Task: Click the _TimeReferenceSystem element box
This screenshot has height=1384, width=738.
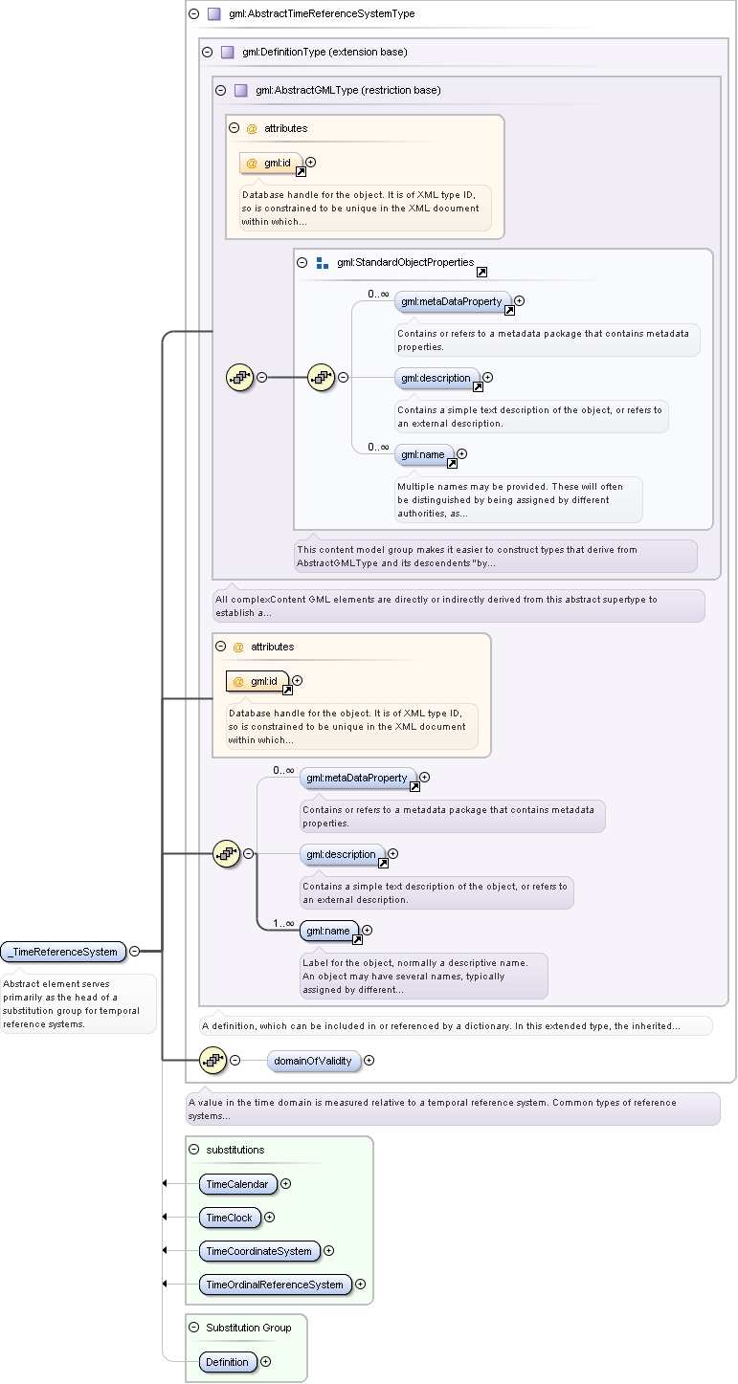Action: pos(64,952)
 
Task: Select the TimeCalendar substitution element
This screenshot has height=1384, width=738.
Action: pos(237,1184)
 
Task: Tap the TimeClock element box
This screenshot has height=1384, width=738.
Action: pos(230,1218)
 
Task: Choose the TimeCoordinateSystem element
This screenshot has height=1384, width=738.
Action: pos(259,1250)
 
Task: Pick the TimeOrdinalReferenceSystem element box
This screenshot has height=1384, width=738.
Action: pos(275,1284)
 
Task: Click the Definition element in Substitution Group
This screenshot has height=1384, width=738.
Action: pos(227,1362)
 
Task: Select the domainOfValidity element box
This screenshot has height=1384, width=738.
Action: pos(313,1061)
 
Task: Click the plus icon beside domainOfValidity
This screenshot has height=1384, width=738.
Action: pos(369,1061)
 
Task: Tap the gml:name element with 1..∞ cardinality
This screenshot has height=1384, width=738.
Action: pos(328,931)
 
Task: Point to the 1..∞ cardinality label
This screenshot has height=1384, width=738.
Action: pos(283,923)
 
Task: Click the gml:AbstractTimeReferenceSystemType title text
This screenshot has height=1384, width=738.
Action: pos(322,13)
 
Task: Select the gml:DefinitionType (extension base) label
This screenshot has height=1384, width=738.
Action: pos(325,52)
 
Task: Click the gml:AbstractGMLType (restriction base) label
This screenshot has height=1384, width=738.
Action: pos(348,90)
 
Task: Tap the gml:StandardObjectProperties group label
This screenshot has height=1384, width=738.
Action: pos(406,262)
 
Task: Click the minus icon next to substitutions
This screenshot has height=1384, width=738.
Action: pos(194,1150)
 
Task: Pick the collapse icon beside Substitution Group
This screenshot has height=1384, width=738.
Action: pos(194,1328)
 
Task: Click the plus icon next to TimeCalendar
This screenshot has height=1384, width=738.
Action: pos(285,1184)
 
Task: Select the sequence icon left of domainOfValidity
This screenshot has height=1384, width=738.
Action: pos(213,1061)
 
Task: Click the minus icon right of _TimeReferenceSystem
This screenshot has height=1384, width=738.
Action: pos(135,951)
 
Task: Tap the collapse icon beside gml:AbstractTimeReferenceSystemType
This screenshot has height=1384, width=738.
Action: pos(194,13)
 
